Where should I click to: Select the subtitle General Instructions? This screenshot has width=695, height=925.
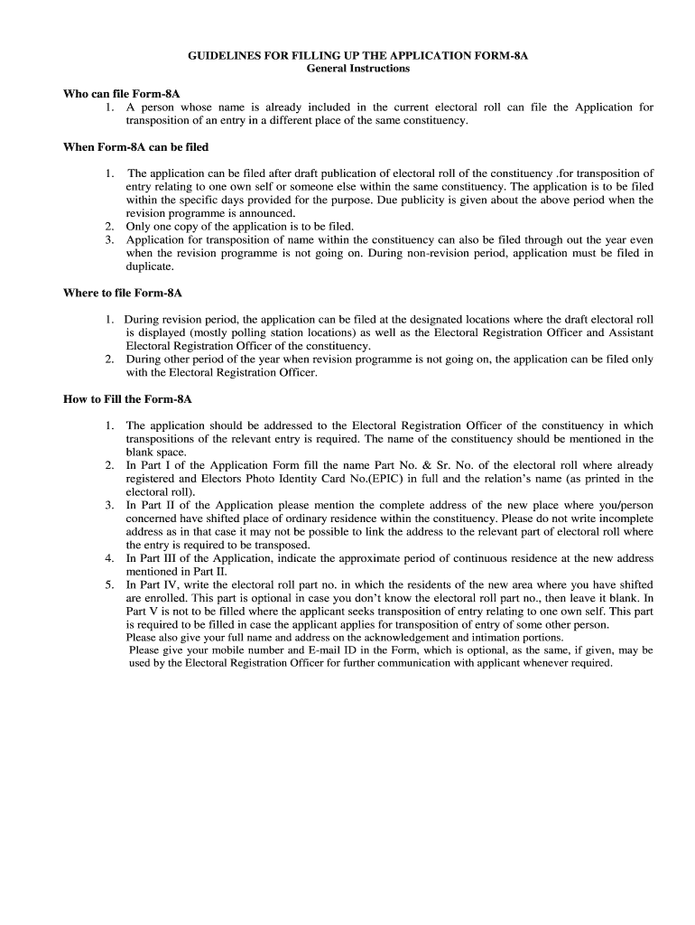point(357,68)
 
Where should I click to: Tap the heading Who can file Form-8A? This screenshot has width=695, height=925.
point(122,93)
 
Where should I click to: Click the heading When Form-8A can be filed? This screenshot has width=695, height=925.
point(135,146)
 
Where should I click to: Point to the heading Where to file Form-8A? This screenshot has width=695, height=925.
point(123,293)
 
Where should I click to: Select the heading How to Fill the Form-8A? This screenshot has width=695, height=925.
point(127,398)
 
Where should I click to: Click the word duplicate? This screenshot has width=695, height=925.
point(150,266)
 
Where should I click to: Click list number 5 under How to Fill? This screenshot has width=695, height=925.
point(109,585)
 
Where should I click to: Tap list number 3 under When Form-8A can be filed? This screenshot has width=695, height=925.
point(109,239)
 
